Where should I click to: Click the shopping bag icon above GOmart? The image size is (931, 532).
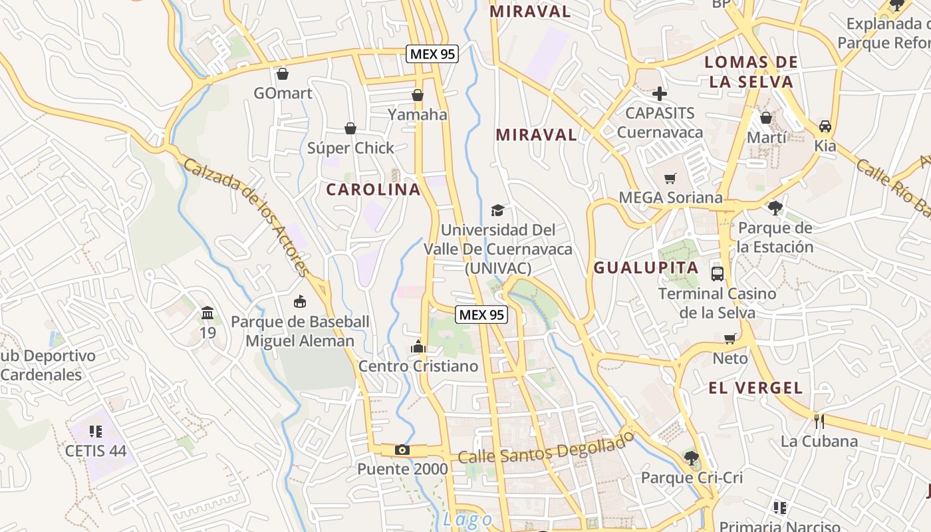click(283, 73)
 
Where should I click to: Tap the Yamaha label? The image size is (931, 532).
click(418, 114)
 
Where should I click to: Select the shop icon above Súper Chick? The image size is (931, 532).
click(350, 128)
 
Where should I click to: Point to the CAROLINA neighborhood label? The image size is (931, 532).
click(374, 190)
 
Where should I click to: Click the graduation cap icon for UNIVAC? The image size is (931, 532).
click(497, 211)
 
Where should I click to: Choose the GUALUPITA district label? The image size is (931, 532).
click(646, 268)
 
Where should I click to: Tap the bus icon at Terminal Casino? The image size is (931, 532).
click(718, 273)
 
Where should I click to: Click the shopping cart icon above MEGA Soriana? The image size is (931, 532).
click(670, 178)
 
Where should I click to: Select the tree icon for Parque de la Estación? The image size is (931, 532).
click(775, 208)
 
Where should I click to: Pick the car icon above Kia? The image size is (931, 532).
click(825, 126)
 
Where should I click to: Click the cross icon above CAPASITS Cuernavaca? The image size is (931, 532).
click(660, 94)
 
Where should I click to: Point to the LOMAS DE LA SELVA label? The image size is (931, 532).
click(751, 72)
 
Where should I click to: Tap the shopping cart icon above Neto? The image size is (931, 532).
click(730, 338)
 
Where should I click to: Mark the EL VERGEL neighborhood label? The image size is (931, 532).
click(755, 388)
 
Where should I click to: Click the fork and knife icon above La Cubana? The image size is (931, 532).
click(819, 421)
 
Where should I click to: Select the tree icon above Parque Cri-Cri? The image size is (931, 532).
click(692, 458)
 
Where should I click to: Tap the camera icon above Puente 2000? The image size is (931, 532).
click(402, 450)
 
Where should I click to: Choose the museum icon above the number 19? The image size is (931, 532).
click(207, 313)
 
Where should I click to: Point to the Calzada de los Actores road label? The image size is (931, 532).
click(247, 217)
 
